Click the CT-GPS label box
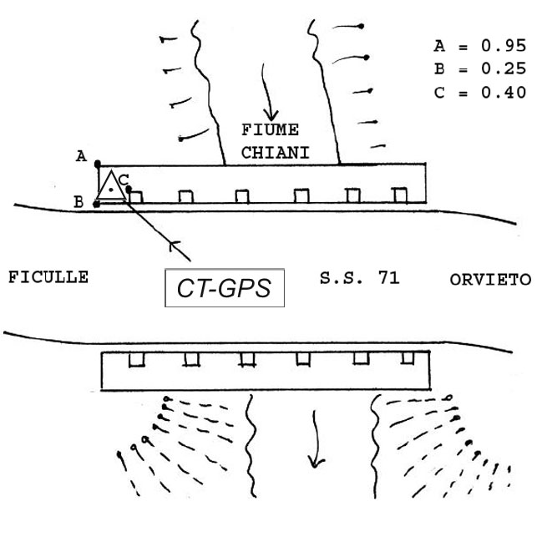coord(225,287)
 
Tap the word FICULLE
coord(48,277)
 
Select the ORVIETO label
coord(490,280)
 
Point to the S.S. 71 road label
coord(359,278)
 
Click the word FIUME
coord(270,130)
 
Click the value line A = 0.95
coord(479,46)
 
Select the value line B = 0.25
coord(479,69)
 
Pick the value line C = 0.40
coord(479,93)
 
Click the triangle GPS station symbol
coord(110,186)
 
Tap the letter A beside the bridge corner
coord(81,155)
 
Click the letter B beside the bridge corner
coord(78,201)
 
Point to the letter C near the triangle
coord(123,179)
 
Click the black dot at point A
coord(98,165)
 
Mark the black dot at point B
coord(97,203)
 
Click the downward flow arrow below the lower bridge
coord(315,438)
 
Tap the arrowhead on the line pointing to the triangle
coord(174,246)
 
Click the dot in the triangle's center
coord(110,190)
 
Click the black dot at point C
coord(129,189)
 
